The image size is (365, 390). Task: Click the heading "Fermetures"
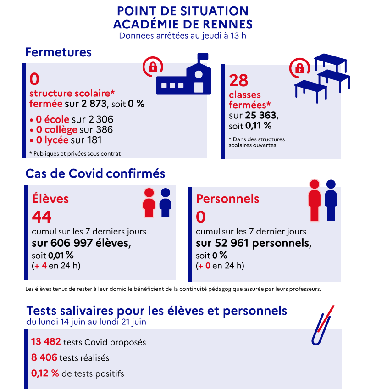58,52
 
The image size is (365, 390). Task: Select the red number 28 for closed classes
238,81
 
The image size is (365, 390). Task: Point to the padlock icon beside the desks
299,68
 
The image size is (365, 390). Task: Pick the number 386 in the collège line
103,130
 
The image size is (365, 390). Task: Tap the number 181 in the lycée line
93,140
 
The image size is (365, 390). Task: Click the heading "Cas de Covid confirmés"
95,173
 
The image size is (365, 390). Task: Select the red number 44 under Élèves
41,217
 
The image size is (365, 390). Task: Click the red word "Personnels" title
228,199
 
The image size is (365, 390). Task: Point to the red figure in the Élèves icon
149,202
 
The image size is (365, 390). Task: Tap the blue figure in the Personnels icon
331,200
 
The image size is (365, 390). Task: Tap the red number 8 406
44,357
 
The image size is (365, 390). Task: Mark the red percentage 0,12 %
45,373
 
